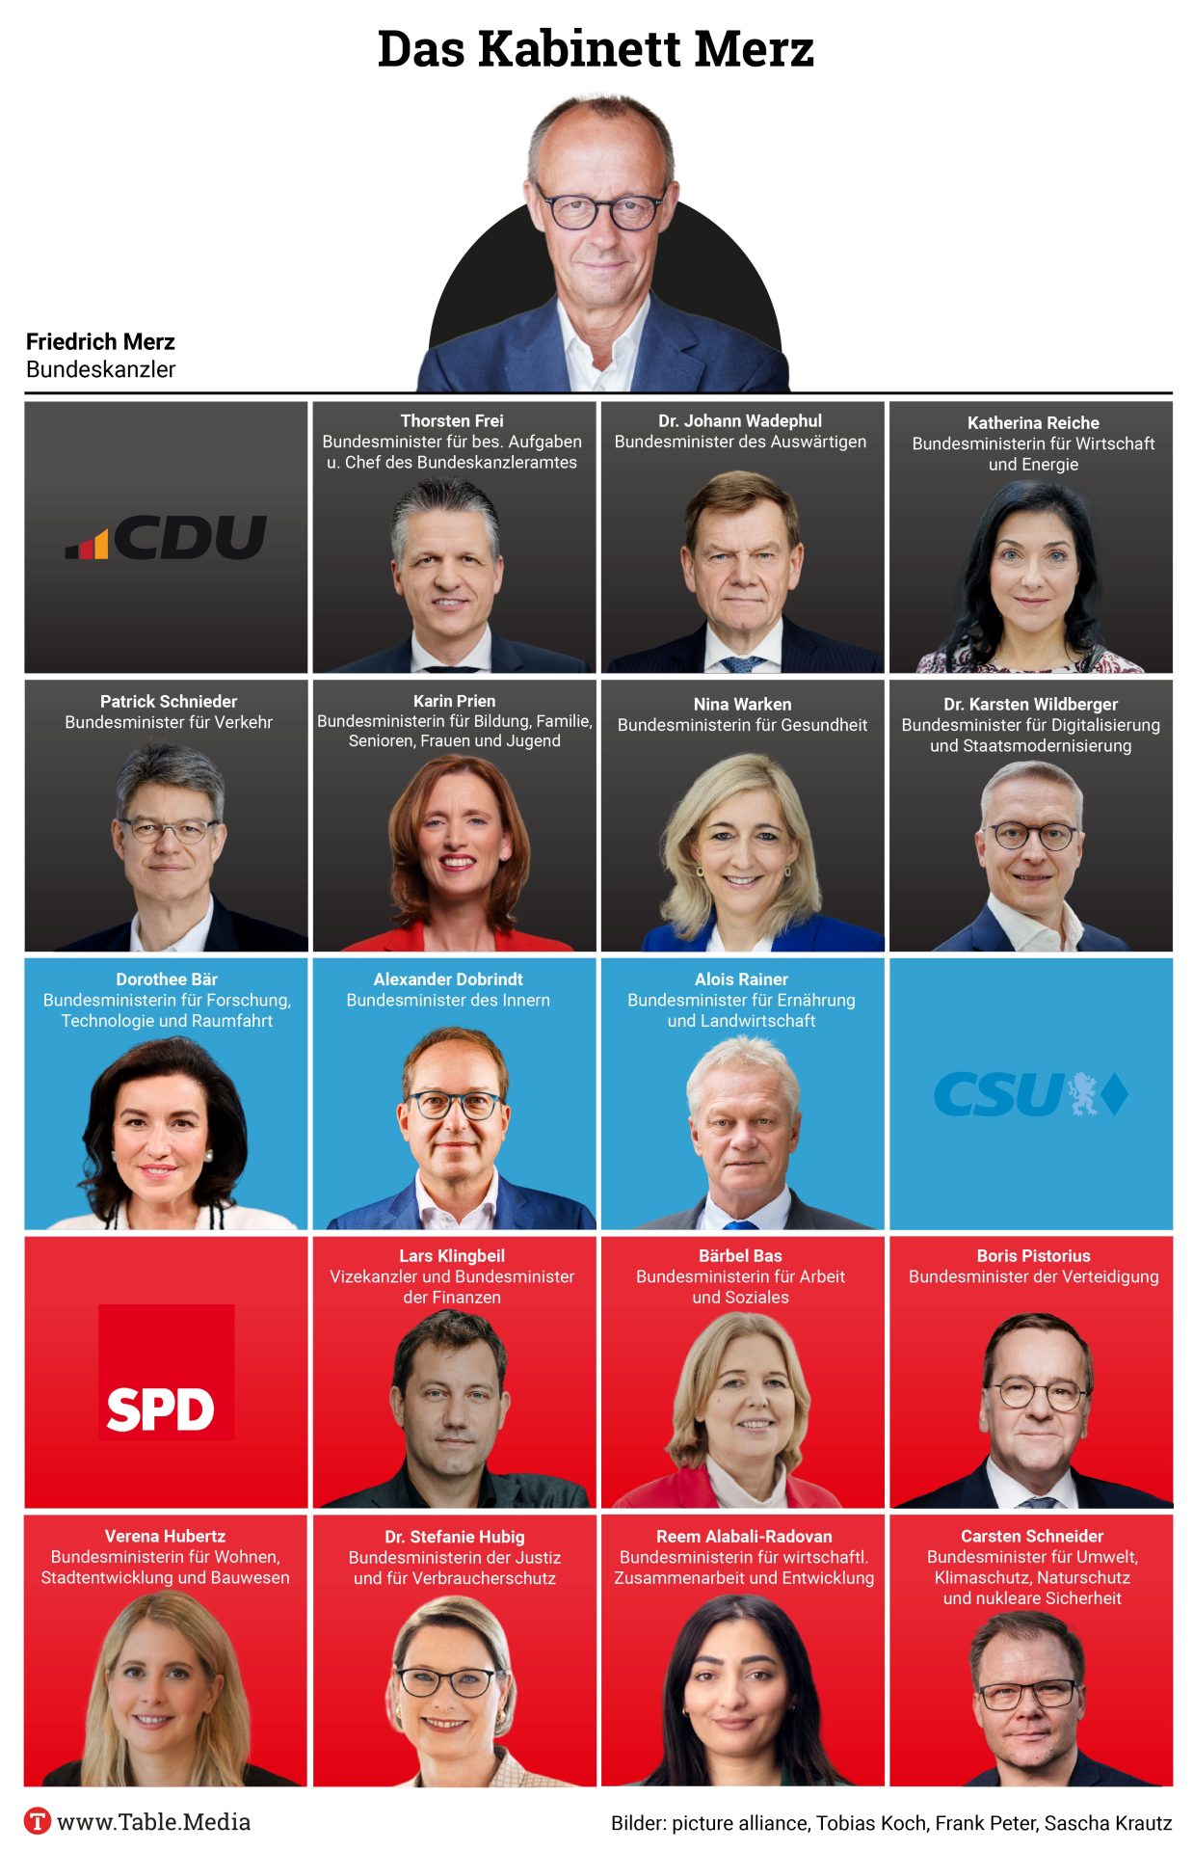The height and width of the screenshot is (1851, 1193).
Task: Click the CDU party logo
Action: (166, 537)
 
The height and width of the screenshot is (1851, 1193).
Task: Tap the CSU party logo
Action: (1030, 1094)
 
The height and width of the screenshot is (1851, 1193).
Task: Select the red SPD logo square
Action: (166, 1372)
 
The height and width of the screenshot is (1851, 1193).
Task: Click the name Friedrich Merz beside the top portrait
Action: (100, 341)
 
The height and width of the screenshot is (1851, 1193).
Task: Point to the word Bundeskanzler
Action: (100, 369)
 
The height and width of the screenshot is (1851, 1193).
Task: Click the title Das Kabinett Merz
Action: (596, 48)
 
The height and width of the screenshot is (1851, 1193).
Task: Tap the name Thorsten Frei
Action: (452, 420)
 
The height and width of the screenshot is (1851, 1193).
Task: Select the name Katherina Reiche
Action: (1033, 422)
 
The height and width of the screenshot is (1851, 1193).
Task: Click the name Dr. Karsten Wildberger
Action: (1030, 704)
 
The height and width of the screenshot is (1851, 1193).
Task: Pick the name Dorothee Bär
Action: (167, 979)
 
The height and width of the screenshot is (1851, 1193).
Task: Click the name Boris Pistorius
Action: (1033, 1255)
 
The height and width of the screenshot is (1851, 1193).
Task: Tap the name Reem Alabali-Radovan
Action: (744, 1536)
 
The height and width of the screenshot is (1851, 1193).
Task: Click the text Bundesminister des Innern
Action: (448, 1000)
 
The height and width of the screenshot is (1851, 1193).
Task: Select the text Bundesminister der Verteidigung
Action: (1033, 1276)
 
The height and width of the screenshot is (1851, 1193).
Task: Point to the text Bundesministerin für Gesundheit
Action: (742, 725)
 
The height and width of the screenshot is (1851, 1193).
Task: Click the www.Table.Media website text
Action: (154, 1821)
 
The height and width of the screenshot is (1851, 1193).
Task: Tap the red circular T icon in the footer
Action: (38, 1821)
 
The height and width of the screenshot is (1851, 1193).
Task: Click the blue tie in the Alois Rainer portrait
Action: (740, 1223)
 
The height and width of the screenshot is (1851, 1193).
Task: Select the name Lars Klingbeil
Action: (452, 1255)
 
